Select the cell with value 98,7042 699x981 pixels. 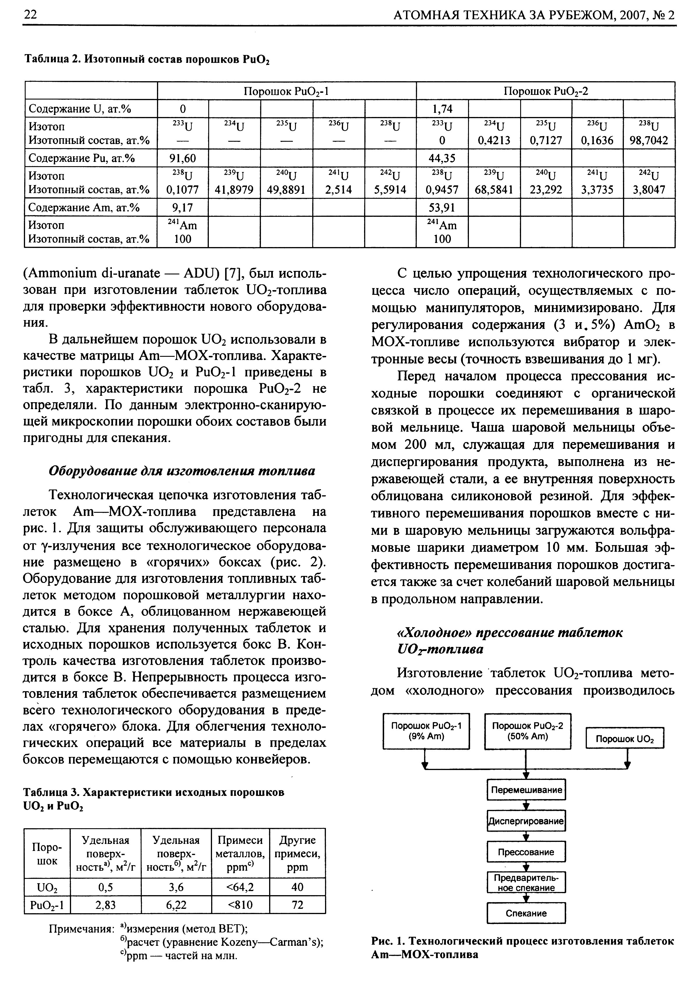pos(649,141)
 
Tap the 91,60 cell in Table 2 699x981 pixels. pos(183,159)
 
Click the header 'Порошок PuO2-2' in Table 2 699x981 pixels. pos(545,91)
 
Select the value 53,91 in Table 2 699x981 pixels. pos(442,208)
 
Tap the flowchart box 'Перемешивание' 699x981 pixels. pos(526,790)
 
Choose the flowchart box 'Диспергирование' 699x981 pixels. pos(526,821)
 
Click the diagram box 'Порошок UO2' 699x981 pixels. pos(624,739)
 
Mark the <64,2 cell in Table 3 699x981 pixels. pos(240,887)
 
